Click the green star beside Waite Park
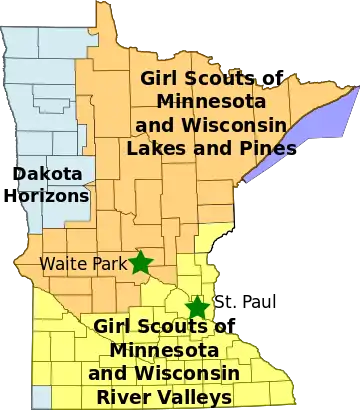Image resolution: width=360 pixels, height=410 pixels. pos(140,262)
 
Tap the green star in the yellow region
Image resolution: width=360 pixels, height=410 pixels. pos(198,308)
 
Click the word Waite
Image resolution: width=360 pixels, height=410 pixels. pos(59,264)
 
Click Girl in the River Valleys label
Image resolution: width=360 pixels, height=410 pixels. pos(113,327)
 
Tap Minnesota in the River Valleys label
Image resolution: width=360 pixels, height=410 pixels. pos(163,350)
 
